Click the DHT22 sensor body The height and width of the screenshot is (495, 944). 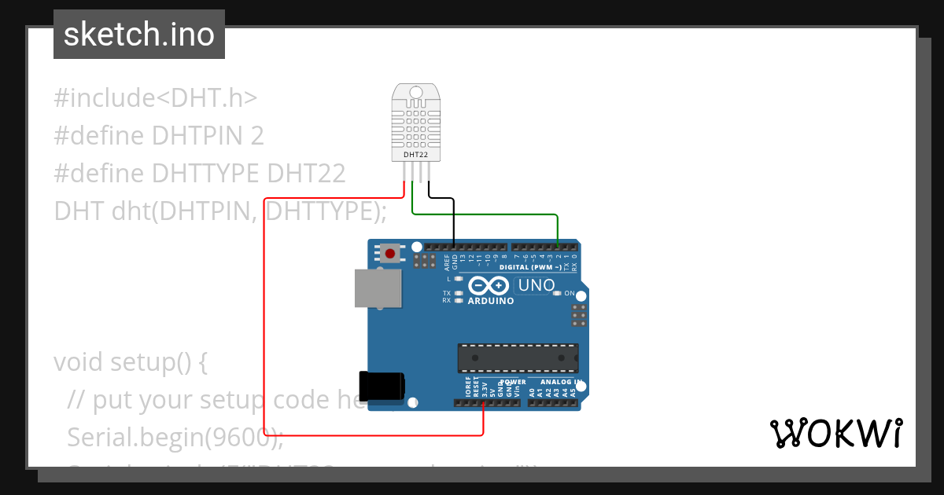[x=416, y=123]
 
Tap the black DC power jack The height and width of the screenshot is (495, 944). [x=382, y=386]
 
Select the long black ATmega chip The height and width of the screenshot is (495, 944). [x=518, y=357]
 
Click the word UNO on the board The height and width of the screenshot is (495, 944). [x=537, y=285]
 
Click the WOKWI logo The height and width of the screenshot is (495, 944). [x=835, y=433]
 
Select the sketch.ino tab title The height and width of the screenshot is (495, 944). [x=139, y=35]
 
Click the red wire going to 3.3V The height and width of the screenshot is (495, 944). [x=264, y=314]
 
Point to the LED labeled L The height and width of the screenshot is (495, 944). [x=458, y=279]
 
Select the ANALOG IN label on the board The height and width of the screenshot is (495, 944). [x=559, y=382]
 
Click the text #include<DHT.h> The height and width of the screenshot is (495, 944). [x=156, y=97]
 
